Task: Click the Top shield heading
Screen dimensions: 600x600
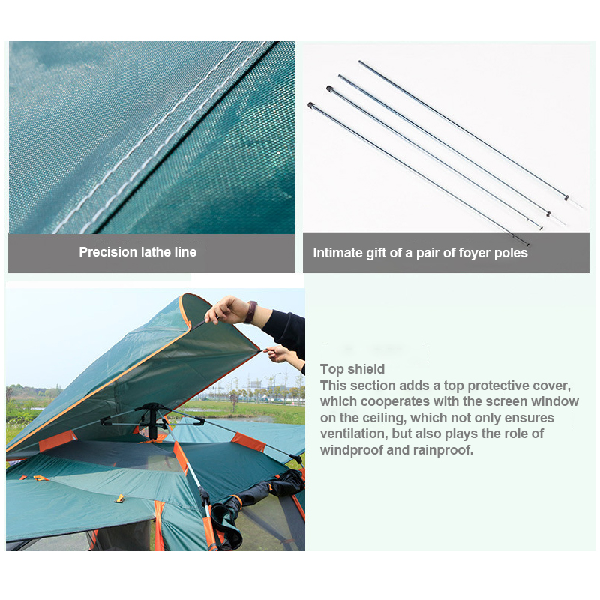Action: point(352,369)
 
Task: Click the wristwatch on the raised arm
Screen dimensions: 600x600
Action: point(251,312)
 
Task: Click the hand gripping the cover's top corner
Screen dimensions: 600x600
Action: point(226,310)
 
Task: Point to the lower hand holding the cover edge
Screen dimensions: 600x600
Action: point(278,353)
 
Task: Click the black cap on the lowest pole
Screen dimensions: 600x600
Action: point(310,104)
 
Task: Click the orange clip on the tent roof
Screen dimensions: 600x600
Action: point(119,499)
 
